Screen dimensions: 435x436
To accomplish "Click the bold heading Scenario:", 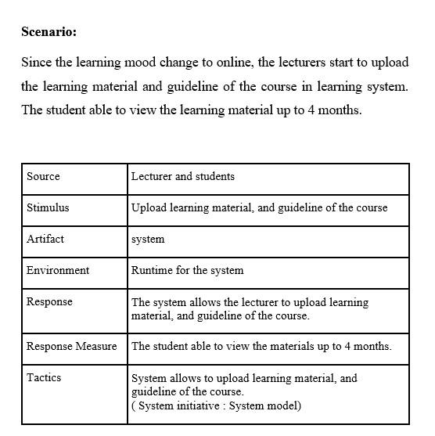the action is pyautogui.click(x=49, y=32).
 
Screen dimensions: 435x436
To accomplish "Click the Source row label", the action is pyautogui.click(x=43, y=177).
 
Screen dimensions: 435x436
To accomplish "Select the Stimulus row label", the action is pyautogui.click(x=48, y=208).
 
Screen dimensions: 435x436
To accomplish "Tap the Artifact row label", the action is pyautogui.click(x=45, y=239).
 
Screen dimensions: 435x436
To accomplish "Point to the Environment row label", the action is pyautogui.click(x=58, y=270).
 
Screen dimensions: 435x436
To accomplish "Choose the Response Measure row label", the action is pyautogui.click(x=71, y=346).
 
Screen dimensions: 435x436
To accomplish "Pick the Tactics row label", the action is pyautogui.click(x=44, y=377).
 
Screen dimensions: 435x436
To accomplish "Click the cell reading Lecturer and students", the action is pyautogui.click(x=183, y=177).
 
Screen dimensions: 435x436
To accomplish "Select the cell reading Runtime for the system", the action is pyautogui.click(x=188, y=270).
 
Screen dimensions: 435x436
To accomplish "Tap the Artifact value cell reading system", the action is pyautogui.click(x=148, y=240).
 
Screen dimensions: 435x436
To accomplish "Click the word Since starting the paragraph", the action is pyautogui.click(x=37, y=62).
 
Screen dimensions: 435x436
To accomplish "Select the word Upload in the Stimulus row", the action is pyautogui.click(x=148, y=208).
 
